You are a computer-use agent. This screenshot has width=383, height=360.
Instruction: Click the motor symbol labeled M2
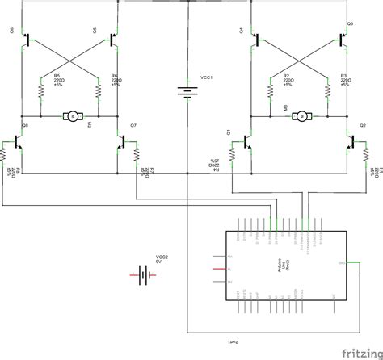72,117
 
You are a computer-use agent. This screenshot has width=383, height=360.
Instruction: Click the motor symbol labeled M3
302,117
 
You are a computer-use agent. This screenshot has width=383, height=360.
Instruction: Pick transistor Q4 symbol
256,39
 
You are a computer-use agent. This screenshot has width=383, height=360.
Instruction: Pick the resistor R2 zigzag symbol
269,88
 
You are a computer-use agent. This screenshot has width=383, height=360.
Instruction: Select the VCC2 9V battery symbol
144,275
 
